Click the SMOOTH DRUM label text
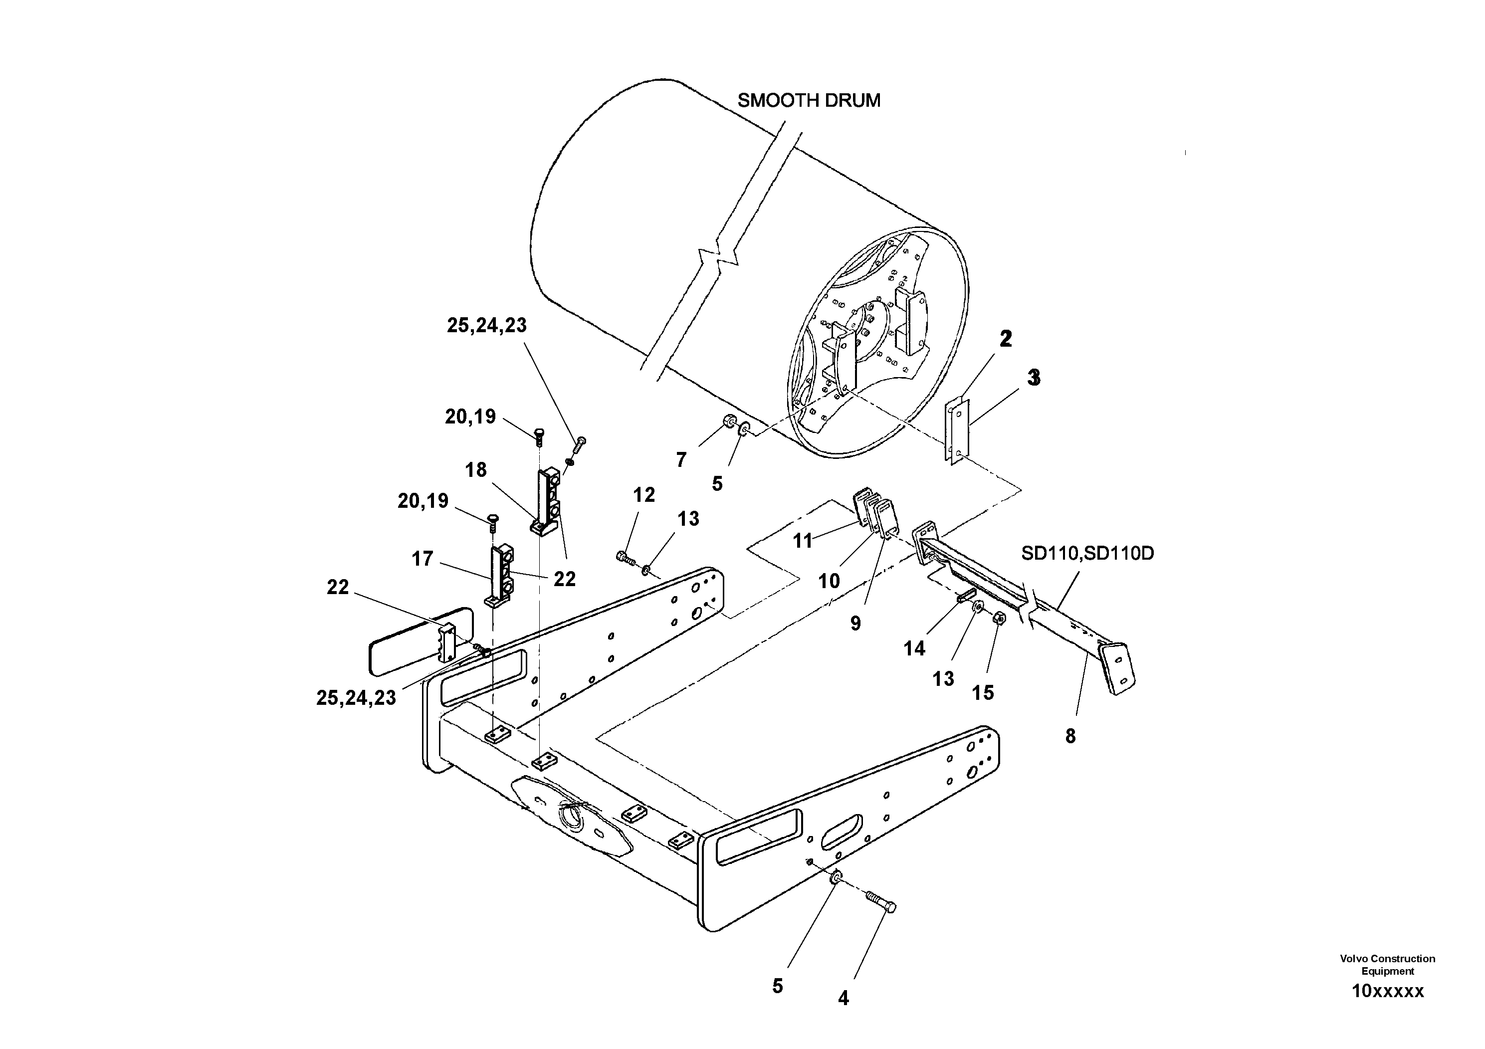pyautogui.click(x=809, y=101)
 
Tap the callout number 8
pyautogui.click(x=1070, y=736)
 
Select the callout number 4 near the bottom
pyautogui.click(x=844, y=999)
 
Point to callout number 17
pyautogui.click(x=423, y=559)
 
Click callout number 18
pyautogui.click(x=475, y=470)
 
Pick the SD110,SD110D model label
pyautogui.click(x=1087, y=554)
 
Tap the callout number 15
pyautogui.click(x=983, y=693)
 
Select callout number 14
pyautogui.click(x=914, y=648)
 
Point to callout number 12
pyautogui.click(x=643, y=495)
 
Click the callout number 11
pyautogui.click(x=803, y=541)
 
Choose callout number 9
pyautogui.click(x=855, y=624)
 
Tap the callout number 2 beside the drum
pyautogui.click(x=1005, y=338)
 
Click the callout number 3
pyautogui.click(x=1034, y=378)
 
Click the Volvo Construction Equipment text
pyautogui.click(x=1387, y=964)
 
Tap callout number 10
pyautogui.click(x=829, y=582)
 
